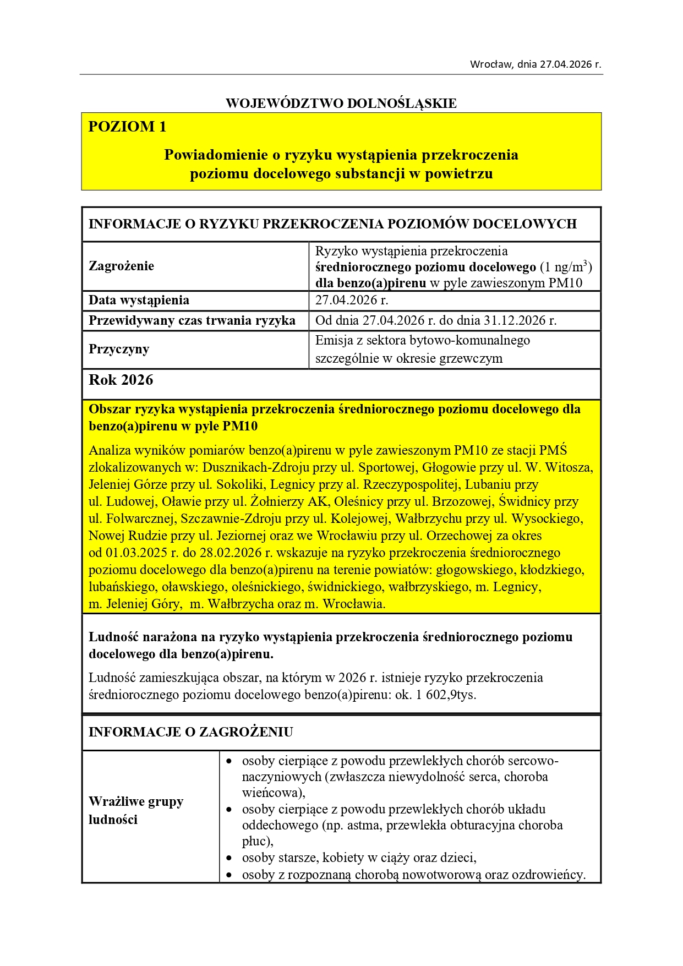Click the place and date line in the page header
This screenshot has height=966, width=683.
(535, 64)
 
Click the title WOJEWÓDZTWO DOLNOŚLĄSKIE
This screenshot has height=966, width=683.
(341, 103)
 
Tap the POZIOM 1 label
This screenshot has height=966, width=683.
(127, 127)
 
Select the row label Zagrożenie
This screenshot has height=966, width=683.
(121, 266)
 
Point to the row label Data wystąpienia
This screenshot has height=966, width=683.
(139, 300)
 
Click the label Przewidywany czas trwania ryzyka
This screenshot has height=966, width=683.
(192, 320)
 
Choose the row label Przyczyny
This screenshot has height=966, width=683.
(119, 349)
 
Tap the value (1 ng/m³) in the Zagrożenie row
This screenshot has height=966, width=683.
(566, 267)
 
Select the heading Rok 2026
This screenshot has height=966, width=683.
(121, 380)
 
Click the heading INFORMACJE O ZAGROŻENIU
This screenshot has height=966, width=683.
(190, 732)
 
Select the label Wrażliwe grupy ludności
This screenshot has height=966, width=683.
(136, 810)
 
